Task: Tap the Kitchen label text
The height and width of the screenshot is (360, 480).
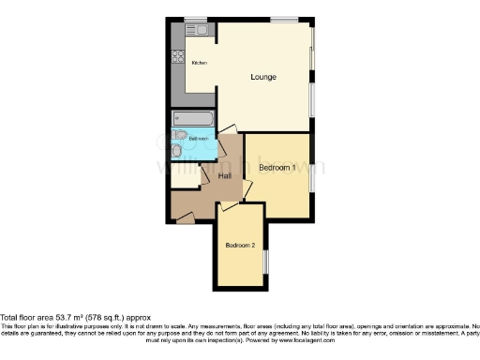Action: pos(199,63)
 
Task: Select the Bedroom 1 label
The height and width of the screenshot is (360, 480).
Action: pos(277,167)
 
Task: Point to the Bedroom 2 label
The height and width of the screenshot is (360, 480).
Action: pos(239,246)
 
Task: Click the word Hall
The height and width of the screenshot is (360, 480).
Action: pos(225,175)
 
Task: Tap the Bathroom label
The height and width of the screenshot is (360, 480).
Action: pos(198,139)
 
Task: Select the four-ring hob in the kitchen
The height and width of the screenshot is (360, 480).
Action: pos(176,56)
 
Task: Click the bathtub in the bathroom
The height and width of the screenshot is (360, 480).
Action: pos(192,119)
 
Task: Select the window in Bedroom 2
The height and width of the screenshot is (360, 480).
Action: pos(265,262)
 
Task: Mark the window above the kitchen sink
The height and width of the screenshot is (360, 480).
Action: pos(195,19)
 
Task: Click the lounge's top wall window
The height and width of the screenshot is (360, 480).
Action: pos(283,19)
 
